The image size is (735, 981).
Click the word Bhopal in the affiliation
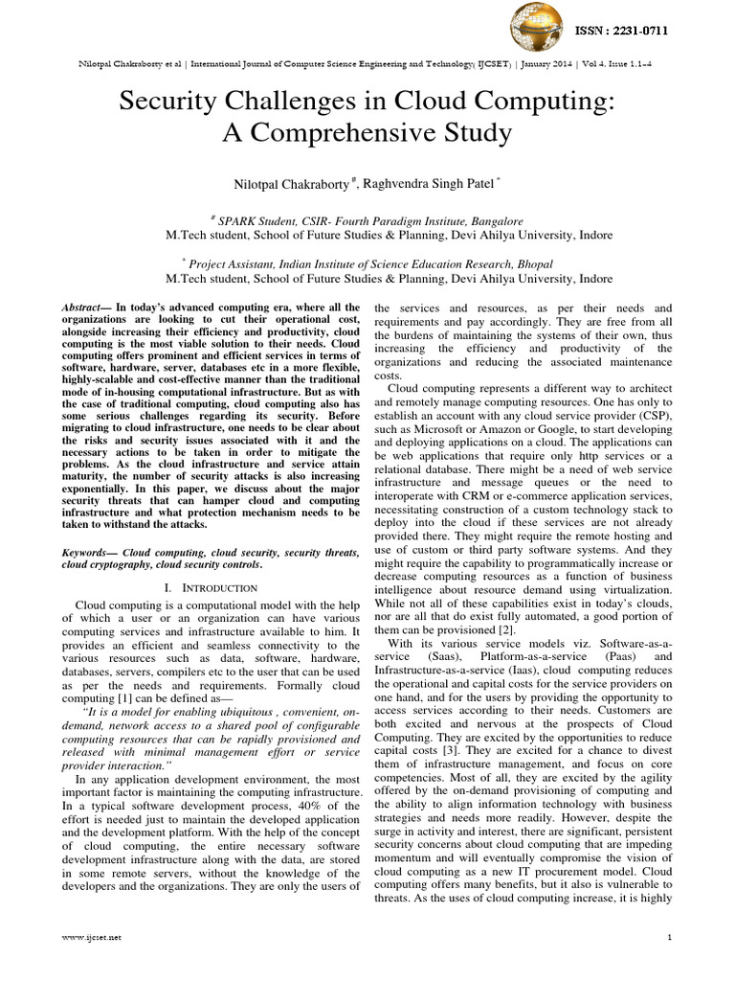point(525,263)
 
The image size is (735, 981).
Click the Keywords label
point(86,553)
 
